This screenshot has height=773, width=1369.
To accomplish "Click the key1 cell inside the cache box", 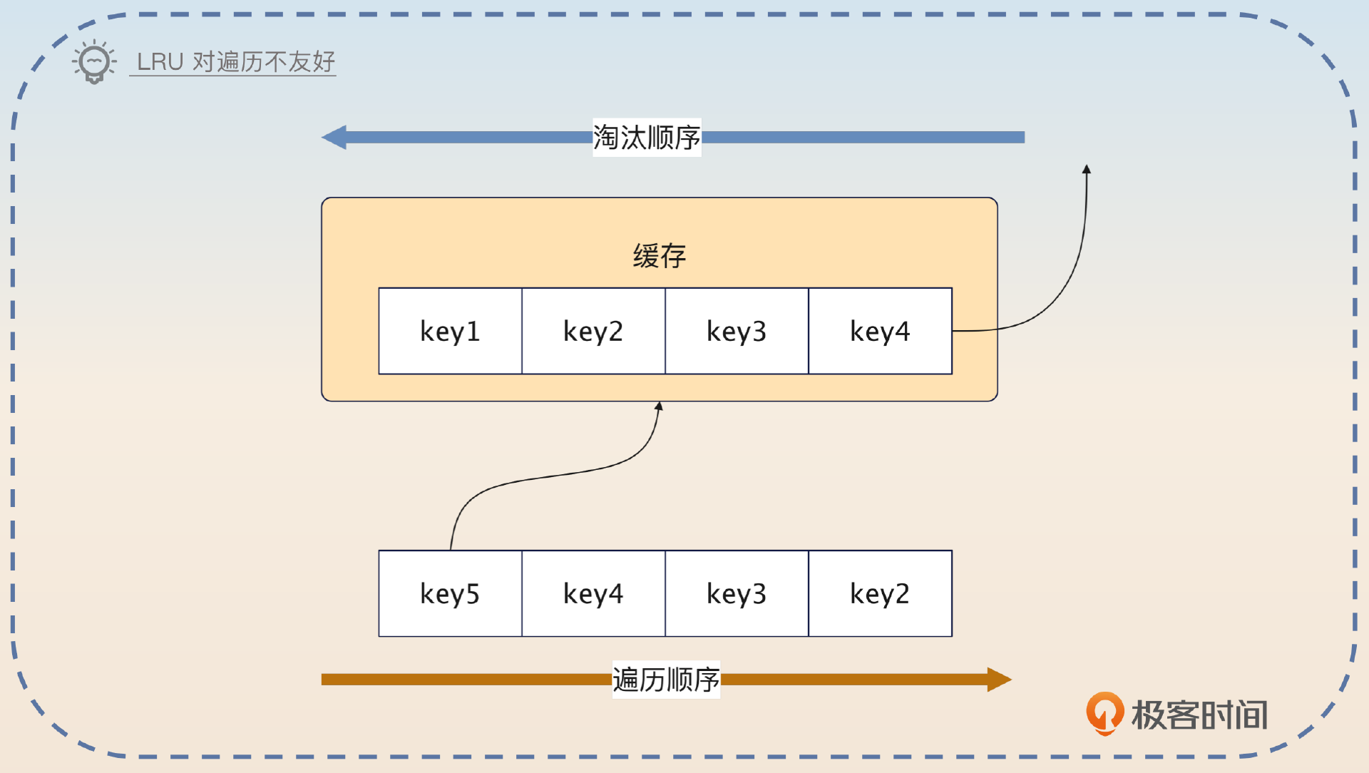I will tap(450, 331).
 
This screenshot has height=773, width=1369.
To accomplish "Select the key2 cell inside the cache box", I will tap(593, 331).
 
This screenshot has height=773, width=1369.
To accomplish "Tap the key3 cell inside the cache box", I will tap(737, 331).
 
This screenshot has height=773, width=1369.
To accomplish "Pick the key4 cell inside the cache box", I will tap(880, 331).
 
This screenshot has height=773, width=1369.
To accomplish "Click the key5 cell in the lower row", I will tap(450, 593).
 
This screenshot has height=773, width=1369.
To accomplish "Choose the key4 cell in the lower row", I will tap(593, 593).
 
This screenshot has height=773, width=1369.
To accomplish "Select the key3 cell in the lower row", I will tap(737, 593).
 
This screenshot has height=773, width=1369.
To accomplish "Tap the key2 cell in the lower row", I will tap(880, 593).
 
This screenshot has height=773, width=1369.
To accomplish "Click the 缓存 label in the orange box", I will tap(659, 256).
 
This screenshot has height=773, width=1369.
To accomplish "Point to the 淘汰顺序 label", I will tap(647, 138).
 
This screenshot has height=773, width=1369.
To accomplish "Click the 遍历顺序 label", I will tap(666, 680).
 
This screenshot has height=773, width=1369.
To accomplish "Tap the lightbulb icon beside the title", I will tap(94, 62).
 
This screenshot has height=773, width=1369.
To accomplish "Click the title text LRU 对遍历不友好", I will tap(235, 62).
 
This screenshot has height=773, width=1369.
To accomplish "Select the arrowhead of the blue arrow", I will tap(334, 137).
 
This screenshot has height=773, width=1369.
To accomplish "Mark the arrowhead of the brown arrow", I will tap(999, 680).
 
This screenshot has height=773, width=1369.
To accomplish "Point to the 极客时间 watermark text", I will tap(1200, 715).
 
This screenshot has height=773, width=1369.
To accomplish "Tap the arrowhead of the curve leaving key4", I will tap(1087, 170).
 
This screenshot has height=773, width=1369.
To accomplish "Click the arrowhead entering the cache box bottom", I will tap(659, 406).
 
